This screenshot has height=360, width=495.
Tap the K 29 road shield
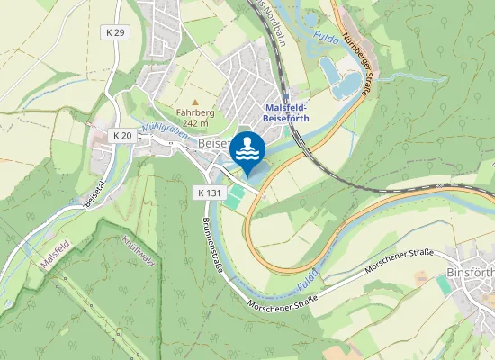tap(114, 32)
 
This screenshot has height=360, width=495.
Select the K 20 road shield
tap(122, 135)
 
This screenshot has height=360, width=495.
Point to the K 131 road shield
tap(208, 193)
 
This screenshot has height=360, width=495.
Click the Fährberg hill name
tap(194, 112)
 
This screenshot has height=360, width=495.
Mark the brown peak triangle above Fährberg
tap(194, 102)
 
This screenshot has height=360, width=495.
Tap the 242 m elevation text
tap(194, 123)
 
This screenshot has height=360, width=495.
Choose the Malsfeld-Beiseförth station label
tap(287, 112)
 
